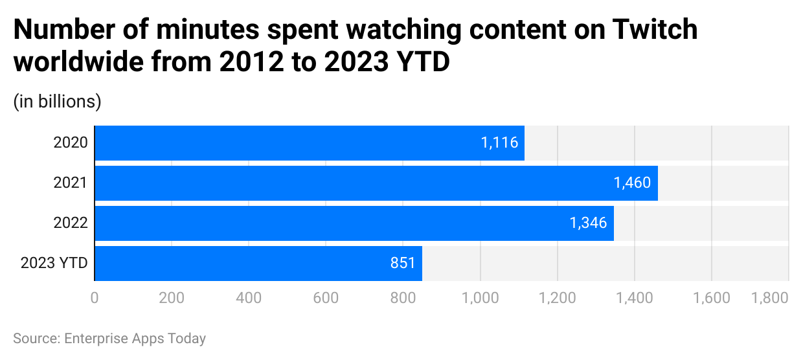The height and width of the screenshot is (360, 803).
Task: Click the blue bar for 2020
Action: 310,143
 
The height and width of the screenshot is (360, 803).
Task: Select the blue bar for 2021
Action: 376,183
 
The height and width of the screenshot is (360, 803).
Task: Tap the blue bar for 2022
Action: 354,223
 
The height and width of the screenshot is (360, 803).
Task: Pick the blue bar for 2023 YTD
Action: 258,264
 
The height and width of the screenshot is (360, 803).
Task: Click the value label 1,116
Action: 499,143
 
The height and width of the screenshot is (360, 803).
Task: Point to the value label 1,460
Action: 632,183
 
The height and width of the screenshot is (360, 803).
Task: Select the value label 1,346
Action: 588,223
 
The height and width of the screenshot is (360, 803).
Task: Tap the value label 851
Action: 402,264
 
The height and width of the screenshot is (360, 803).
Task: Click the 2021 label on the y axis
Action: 70,183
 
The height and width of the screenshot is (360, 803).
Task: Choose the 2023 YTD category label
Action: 54,264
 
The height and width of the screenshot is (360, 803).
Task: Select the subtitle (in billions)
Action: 58,102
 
